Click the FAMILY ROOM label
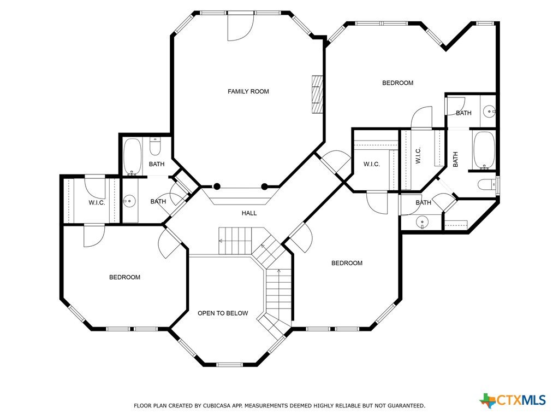(x=248, y=91)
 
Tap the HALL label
(x=249, y=213)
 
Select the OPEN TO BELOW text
(x=223, y=313)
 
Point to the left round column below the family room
(x=217, y=186)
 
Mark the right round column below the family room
(x=265, y=186)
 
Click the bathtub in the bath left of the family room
(x=132, y=157)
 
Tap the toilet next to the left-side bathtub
(x=155, y=147)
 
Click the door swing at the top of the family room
(x=241, y=27)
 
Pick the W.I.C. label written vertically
(x=418, y=155)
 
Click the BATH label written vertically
(x=455, y=160)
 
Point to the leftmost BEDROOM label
(x=125, y=277)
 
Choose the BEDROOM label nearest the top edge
(x=398, y=83)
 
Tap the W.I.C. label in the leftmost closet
(x=97, y=203)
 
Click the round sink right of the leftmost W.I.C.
(x=129, y=201)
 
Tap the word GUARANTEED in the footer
(x=406, y=406)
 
